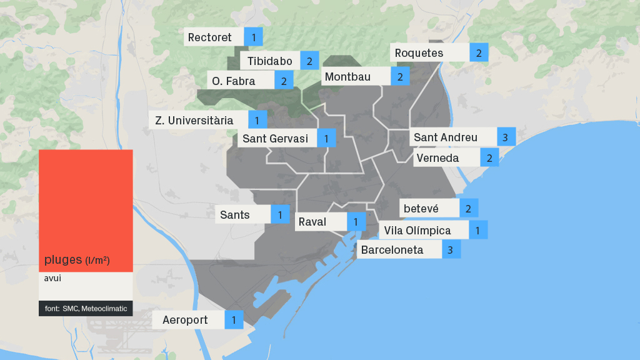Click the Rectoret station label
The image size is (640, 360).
click(x=210, y=37)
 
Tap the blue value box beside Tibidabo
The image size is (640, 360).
click(x=309, y=61)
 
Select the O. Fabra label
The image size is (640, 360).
click(x=234, y=81)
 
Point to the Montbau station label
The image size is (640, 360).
click(x=347, y=77)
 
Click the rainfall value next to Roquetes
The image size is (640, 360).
click(x=479, y=53)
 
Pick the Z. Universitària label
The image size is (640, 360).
click(x=194, y=120)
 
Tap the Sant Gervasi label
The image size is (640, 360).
click(x=276, y=139)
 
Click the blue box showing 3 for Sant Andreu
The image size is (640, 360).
click(x=506, y=137)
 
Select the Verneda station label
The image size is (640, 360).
click(x=437, y=158)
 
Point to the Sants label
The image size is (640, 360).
click(x=235, y=215)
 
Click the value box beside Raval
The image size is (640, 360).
click(x=356, y=222)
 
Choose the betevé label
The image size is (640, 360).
click(x=421, y=208)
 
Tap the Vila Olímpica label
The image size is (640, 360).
click(x=417, y=231)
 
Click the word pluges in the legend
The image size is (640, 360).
click(x=63, y=259)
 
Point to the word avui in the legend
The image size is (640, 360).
click(x=52, y=278)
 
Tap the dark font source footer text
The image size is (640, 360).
click(x=86, y=309)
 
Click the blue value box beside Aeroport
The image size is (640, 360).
click(x=234, y=321)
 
